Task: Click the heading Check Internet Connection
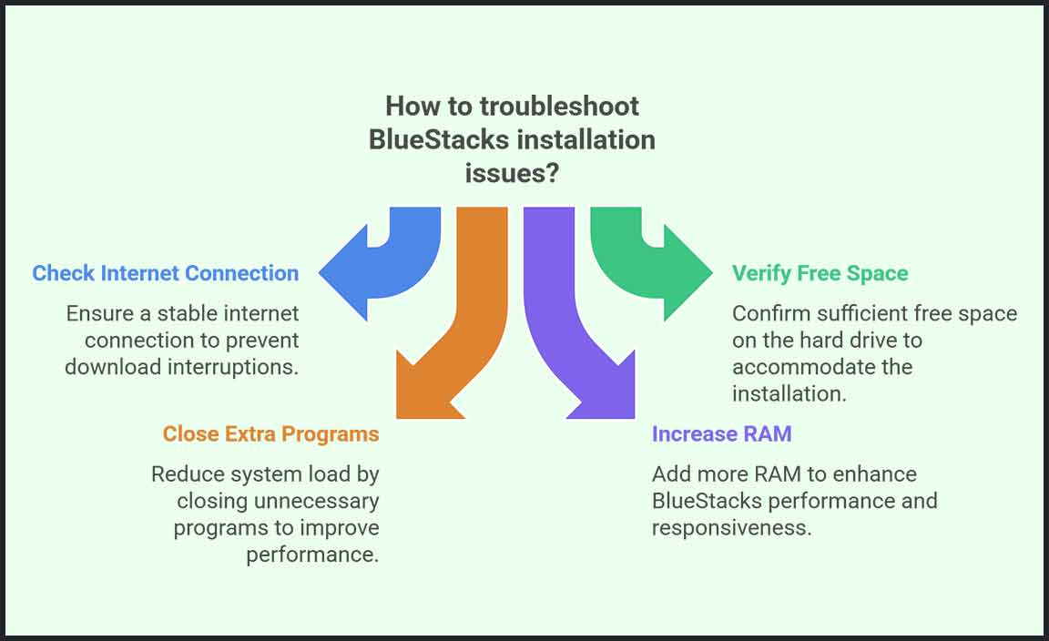point(166,273)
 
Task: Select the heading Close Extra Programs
point(270,433)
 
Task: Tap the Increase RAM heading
point(721,433)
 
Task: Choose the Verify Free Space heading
point(820,273)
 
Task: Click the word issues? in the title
point(512,173)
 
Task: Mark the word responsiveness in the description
point(731,528)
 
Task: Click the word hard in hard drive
point(820,340)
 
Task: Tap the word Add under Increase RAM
point(669,473)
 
